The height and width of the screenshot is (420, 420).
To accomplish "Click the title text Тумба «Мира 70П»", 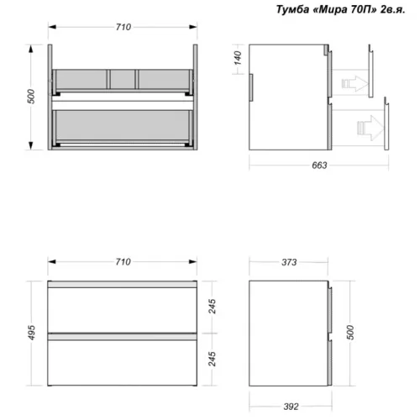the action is [x=327, y=9].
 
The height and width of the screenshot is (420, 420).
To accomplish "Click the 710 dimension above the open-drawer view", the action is [x=123, y=27].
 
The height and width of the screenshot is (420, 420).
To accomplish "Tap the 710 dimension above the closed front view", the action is [x=123, y=262].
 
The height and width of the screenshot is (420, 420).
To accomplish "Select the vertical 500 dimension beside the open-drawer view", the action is [x=31, y=97].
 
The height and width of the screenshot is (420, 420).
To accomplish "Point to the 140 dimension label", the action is [x=238, y=58].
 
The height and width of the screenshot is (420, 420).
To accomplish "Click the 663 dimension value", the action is [x=319, y=165].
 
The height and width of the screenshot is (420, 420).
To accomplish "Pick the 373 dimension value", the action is [x=289, y=262].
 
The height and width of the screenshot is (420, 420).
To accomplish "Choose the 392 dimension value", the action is [x=291, y=407].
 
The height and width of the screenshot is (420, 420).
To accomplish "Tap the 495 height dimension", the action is [x=32, y=333].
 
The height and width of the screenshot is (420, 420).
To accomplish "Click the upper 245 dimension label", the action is [x=213, y=307].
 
